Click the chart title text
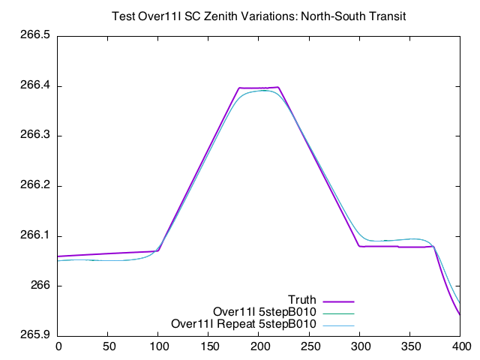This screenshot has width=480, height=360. click(x=258, y=16)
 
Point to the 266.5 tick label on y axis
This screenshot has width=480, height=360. click(x=34, y=36)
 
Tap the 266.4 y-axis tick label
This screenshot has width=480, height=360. click(x=34, y=86)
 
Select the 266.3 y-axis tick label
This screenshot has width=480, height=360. click(x=34, y=136)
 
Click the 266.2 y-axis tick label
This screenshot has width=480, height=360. click(x=34, y=186)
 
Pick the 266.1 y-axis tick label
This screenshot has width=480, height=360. click(x=34, y=235)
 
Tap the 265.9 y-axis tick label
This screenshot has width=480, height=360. click(x=34, y=336)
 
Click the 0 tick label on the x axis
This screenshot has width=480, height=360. click(x=58, y=346)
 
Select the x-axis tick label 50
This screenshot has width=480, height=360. click(x=109, y=346)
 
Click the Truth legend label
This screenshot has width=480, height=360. click(x=302, y=300)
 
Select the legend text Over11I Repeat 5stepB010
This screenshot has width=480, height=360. click(x=244, y=324)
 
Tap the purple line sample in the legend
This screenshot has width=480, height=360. click(x=338, y=301)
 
